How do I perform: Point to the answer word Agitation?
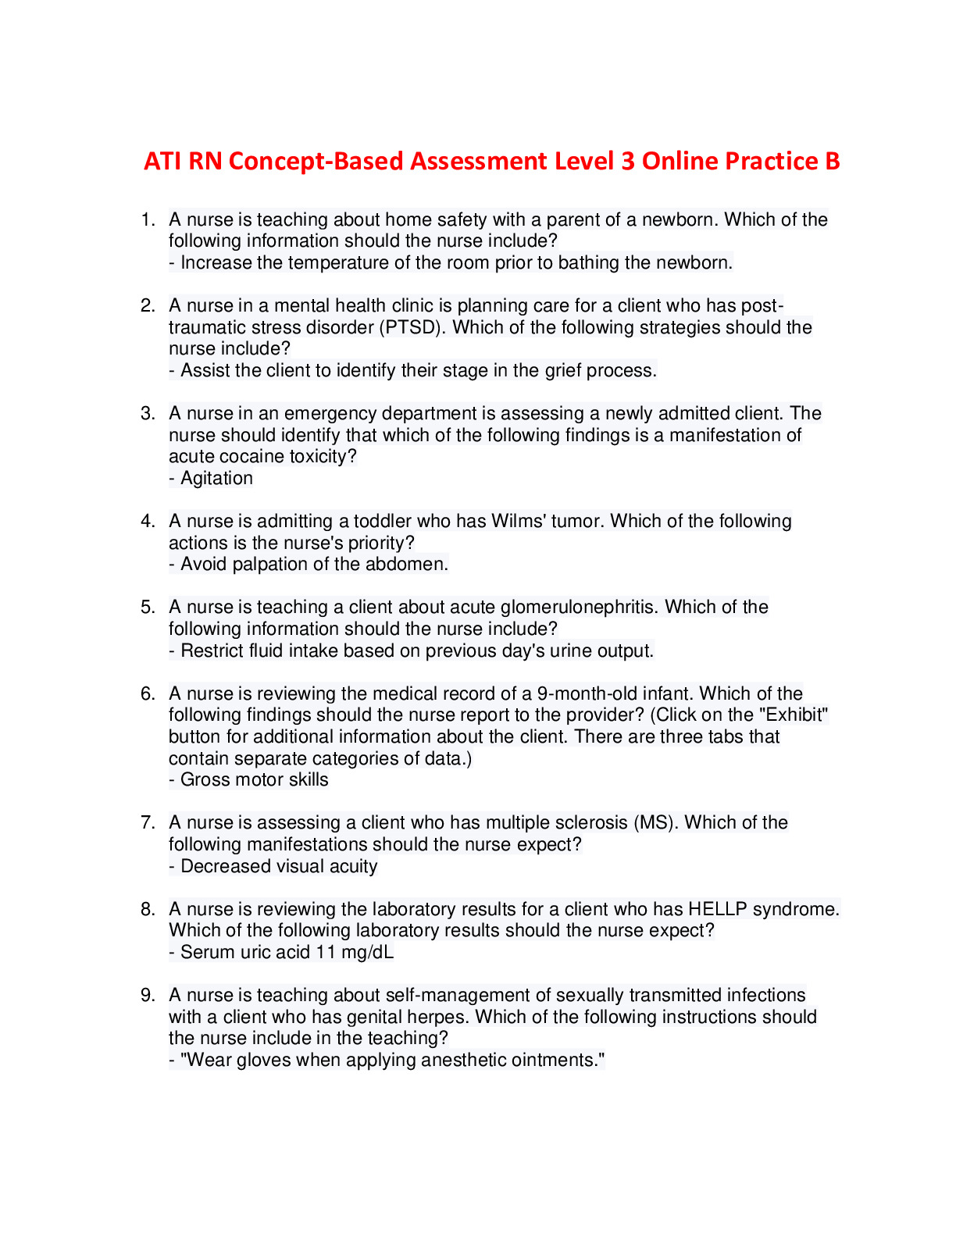[x=216, y=478]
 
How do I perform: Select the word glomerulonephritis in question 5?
[x=577, y=607]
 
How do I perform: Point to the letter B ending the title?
[x=832, y=161]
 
